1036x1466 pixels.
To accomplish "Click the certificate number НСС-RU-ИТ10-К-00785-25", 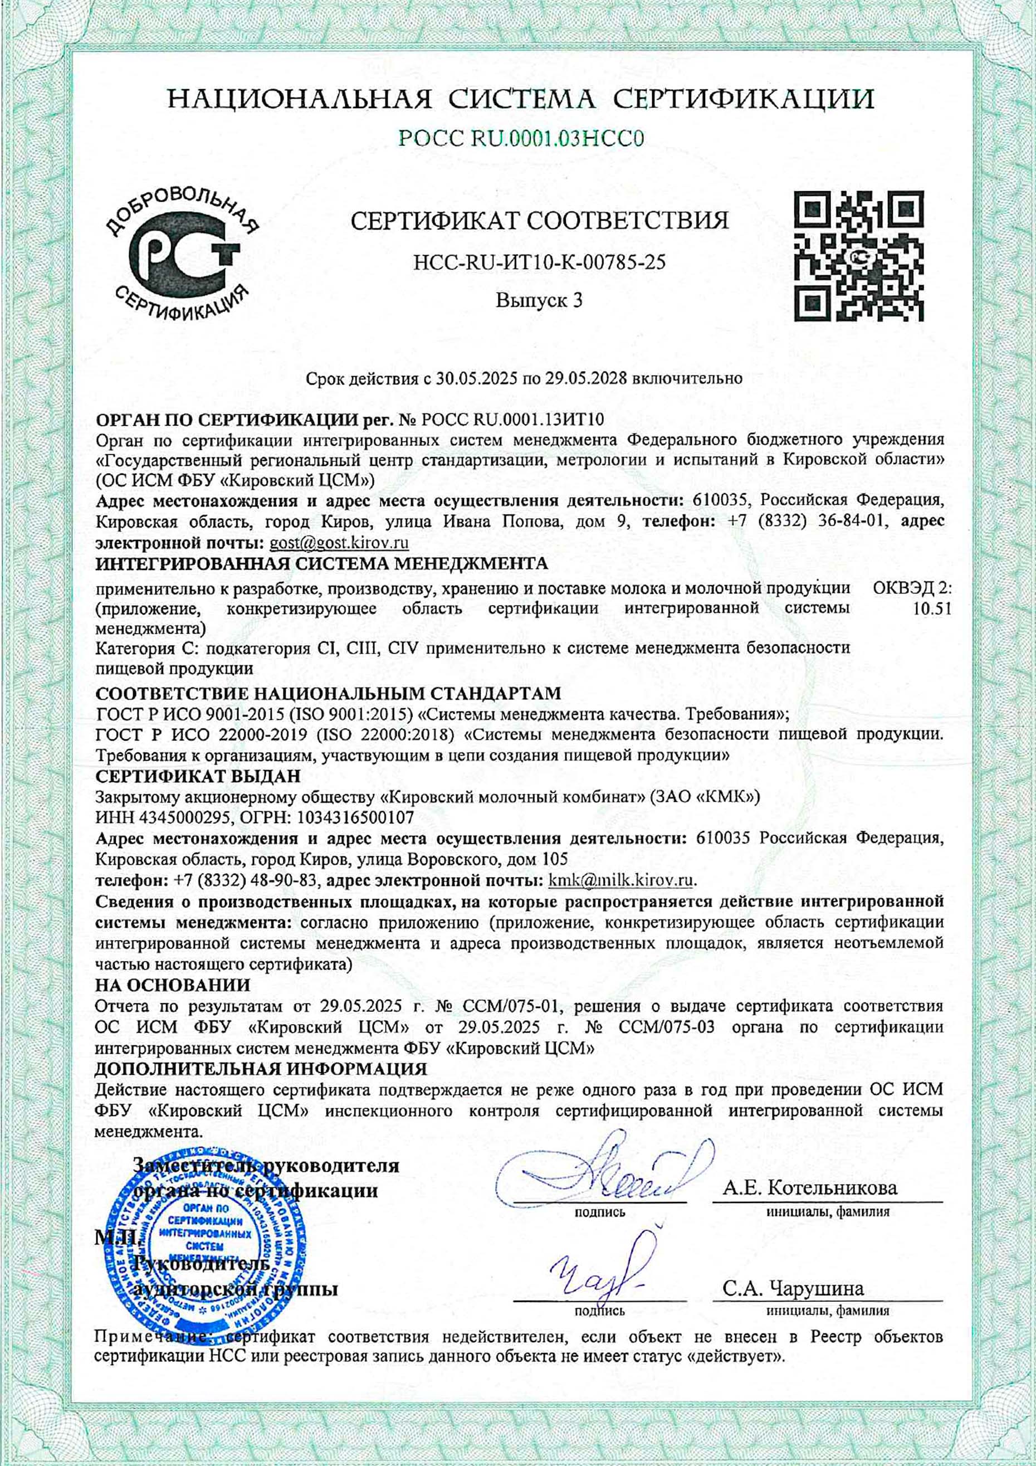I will tap(539, 261).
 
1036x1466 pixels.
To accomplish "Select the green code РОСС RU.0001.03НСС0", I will tap(520, 138).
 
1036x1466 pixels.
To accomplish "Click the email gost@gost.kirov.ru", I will tap(339, 543).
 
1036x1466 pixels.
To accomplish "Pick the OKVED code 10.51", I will tap(932, 608).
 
